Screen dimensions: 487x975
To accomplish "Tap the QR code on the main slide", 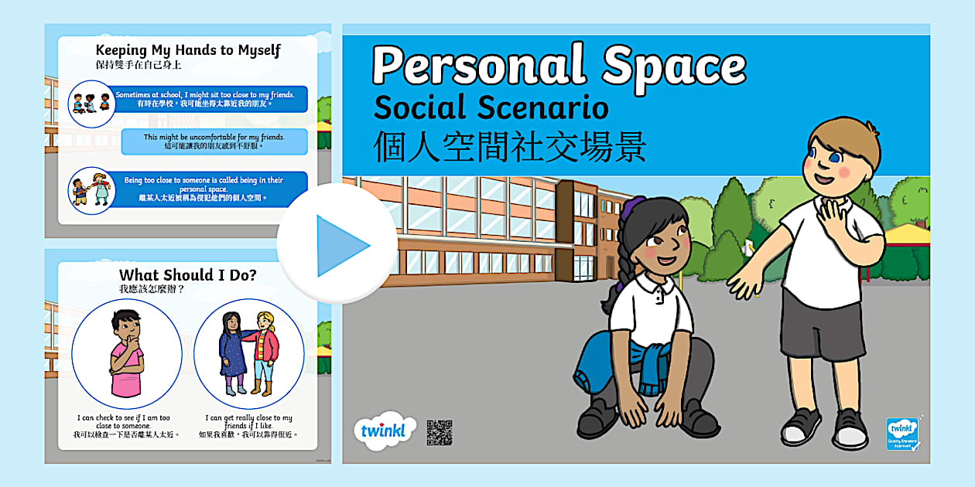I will point(439,433).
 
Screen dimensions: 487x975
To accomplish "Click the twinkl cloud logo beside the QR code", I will point(384,431).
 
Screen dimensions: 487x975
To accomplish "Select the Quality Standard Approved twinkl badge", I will point(901,434).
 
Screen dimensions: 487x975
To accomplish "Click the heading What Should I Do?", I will point(187,274).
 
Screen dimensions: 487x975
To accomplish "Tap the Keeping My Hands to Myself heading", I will point(188,51).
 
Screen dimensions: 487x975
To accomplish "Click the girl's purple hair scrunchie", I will point(635,207).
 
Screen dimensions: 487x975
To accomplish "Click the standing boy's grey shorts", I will point(822,320).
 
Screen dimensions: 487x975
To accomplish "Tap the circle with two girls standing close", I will point(248,353).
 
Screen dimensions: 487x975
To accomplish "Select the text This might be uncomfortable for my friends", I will point(214,141).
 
